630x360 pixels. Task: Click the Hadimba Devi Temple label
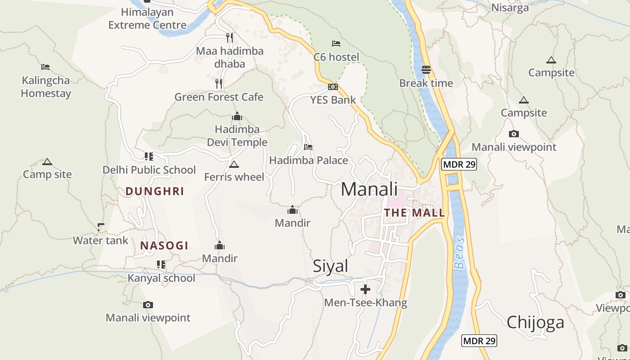tap(237, 136)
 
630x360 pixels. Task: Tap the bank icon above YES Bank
tap(333, 87)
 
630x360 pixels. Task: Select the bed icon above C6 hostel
tap(336, 44)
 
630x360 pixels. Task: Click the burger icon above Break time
tap(426, 70)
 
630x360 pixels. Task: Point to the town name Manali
tap(369, 189)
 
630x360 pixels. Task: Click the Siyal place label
tap(330, 266)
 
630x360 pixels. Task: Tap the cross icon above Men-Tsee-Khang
tap(365, 288)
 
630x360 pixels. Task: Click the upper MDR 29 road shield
tap(459, 164)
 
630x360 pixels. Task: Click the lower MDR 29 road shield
tap(479, 341)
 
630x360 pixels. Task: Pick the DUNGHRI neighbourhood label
tap(155, 191)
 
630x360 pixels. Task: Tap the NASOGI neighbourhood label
tap(164, 246)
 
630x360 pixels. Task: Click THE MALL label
tap(414, 213)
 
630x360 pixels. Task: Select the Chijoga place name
tap(535, 322)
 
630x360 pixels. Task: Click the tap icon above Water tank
tap(101, 227)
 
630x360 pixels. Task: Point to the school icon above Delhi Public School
tap(148, 157)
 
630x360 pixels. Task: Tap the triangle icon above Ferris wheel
tap(234, 164)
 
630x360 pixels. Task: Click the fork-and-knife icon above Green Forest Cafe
tap(219, 83)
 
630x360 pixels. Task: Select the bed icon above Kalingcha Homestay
tap(45, 67)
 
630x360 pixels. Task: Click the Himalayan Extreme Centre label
tap(147, 18)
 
